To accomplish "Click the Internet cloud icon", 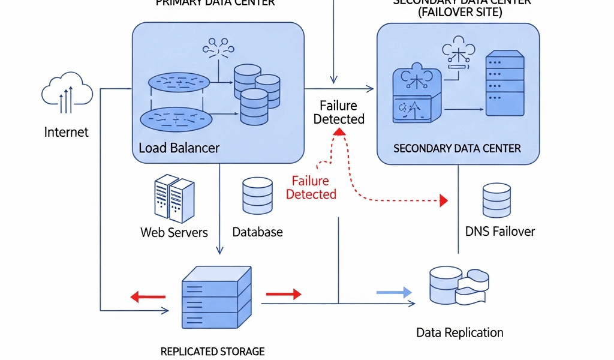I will click(x=67, y=93).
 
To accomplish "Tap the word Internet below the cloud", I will click(x=67, y=132).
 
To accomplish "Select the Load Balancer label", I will click(x=179, y=148).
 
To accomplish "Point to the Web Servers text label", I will click(x=174, y=232).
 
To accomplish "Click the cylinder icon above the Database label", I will click(x=258, y=196).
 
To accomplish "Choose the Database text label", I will click(x=257, y=232).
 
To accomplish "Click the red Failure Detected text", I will click(x=311, y=188).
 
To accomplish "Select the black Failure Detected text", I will click(x=339, y=112).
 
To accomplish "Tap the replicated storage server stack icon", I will click(x=216, y=296).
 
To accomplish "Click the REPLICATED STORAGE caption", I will click(x=212, y=352).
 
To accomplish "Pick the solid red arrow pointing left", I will click(x=148, y=296).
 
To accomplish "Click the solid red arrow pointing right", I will click(x=284, y=293).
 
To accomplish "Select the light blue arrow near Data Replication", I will click(x=394, y=292).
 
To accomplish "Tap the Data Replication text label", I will click(x=460, y=332).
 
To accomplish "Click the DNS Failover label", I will click(x=500, y=232).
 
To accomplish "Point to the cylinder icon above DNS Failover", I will click(x=497, y=200).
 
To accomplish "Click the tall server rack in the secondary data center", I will click(x=504, y=84).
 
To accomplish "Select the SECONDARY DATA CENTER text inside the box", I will click(x=457, y=148).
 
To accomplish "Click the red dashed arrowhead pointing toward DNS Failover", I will click(x=444, y=200).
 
